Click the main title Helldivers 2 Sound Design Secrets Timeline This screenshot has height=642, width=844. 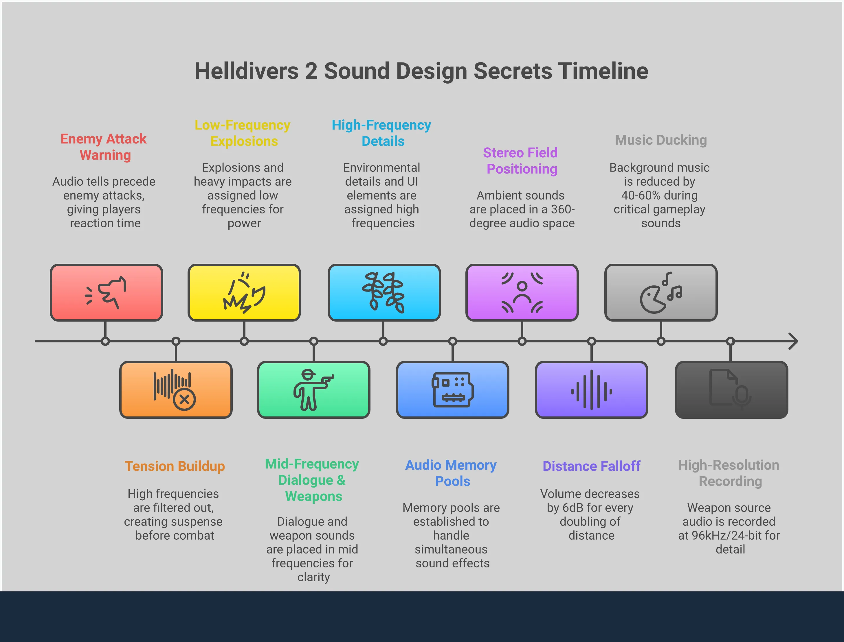point(421,71)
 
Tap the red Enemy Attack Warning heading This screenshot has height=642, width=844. point(104,147)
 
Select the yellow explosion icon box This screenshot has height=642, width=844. point(244,292)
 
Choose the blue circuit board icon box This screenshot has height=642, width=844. point(452,390)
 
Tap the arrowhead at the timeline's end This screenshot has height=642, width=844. point(794,341)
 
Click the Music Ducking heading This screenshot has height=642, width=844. point(660,140)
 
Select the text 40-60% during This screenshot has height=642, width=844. point(659,195)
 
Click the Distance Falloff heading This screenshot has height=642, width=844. point(591,466)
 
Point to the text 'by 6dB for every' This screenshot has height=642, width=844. point(590,508)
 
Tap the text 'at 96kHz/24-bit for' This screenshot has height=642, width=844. point(729,535)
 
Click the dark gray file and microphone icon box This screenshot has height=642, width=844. point(731,390)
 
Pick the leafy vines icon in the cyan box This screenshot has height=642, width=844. point(384,292)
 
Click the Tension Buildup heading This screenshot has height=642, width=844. point(175,466)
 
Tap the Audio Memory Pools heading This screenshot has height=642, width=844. point(451,473)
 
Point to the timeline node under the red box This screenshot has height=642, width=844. point(106,341)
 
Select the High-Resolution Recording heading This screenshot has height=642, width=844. point(729,473)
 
